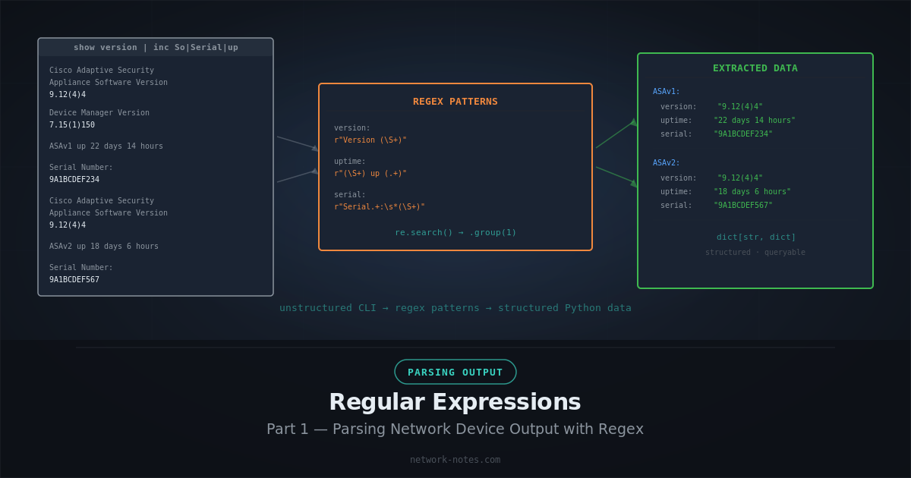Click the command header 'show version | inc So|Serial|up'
pos(156,47)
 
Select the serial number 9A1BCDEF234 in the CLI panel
pos(74,180)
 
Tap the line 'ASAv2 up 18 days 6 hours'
pos(104,247)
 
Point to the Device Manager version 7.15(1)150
pos(72,125)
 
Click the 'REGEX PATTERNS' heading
pos(455,102)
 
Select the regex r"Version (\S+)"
pos(370,140)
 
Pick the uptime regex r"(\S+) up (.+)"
pos(370,174)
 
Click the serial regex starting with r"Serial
pos(380,207)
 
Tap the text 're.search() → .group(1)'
pos(455,233)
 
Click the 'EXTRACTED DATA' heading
pos(755,68)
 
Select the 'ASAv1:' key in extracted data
pos(667,92)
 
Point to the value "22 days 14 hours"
pos(755,121)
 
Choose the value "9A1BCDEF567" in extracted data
pos(743,206)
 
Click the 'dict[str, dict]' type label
pos(756,237)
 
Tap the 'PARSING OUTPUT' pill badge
pos(455,372)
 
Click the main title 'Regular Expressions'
pos(455,402)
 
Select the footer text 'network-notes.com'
pos(455,460)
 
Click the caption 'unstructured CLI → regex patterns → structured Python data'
pos(455,308)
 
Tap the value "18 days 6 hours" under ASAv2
pos(752,192)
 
